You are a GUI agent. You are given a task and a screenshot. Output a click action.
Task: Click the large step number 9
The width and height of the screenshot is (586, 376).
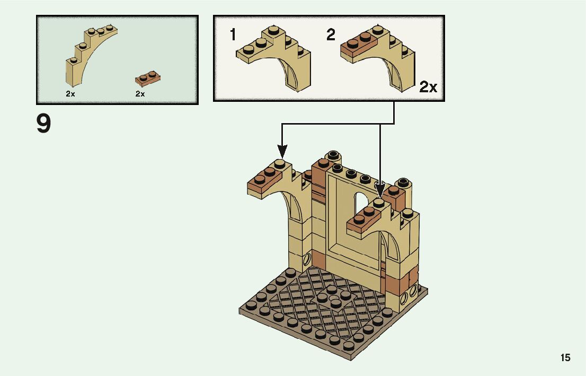pos(44,124)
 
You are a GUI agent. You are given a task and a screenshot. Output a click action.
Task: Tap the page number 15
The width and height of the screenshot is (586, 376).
pos(565,358)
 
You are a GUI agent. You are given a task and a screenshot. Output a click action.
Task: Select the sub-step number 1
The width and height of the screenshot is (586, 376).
pos(233,36)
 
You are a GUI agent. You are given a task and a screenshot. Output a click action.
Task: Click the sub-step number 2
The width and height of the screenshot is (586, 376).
pos(331,36)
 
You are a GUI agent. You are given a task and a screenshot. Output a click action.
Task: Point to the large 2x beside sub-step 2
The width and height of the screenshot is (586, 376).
pos(428,87)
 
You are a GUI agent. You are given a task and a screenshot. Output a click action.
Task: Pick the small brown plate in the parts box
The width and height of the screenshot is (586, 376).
pos(147,79)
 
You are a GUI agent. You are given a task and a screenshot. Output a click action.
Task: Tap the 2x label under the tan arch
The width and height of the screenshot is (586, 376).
pos(70,94)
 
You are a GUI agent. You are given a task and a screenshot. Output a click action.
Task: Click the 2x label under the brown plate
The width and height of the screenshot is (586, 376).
pos(140,94)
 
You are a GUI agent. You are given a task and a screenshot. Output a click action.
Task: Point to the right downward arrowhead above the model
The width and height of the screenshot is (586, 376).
pos(380,188)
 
